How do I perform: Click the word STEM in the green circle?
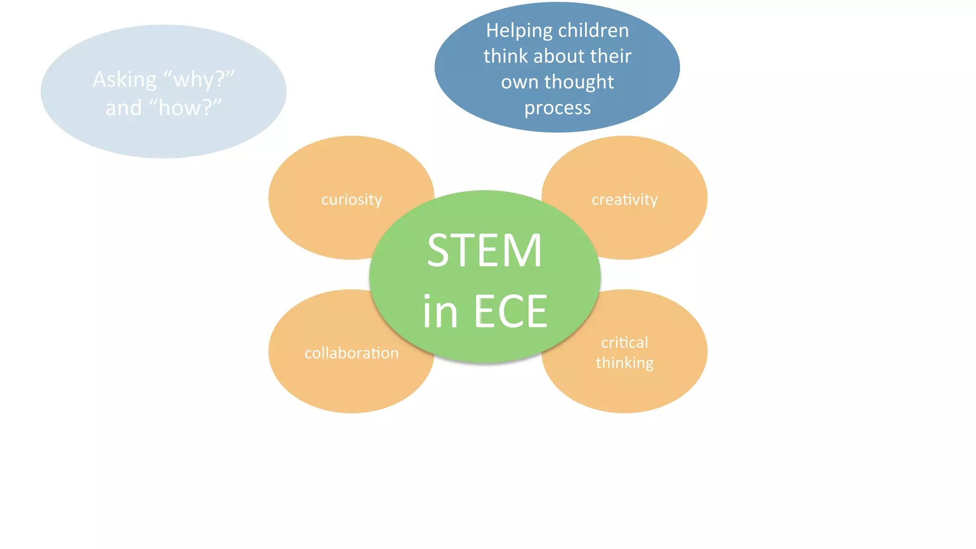(484, 251)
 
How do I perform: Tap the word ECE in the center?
(510, 312)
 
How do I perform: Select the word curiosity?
(352, 199)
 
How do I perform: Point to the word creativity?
(624, 199)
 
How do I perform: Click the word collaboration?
(352, 353)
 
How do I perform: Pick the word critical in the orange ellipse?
(624, 342)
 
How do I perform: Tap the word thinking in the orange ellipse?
(624, 363)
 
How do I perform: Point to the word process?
(558, 108)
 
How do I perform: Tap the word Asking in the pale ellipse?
(124, 80)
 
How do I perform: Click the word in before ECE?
(440, 312)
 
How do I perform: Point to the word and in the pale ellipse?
(123, 108)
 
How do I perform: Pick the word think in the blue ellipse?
(506, 56)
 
